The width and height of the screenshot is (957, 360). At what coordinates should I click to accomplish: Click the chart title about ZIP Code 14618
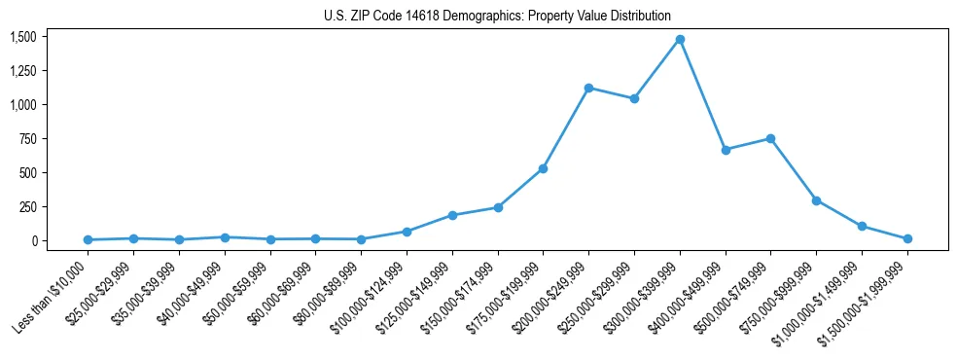pyautogui.click(x=497, y=16)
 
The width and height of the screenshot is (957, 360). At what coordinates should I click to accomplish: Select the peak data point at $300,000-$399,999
pyautogui.click(x=680, y=40)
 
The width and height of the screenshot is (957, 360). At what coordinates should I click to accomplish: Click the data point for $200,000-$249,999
pyautogui.click(x=588, y=88)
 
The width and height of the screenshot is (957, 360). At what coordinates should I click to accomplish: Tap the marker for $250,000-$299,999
pyautogui.click(x=634, y=98)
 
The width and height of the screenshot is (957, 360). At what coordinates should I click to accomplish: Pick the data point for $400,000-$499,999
pyautogui.click(x=726, y=150)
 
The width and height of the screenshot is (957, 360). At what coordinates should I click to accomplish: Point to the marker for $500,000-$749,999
pyautogui.click(x=770, y=138)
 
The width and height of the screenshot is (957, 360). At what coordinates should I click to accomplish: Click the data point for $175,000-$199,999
pyautogui.click(x=543, y=168)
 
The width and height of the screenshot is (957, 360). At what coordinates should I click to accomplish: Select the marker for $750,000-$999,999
pyautogui.click(x=816, y=200)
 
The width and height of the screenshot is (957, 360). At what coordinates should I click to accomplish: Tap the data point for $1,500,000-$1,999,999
pyautogui.click(x=907, y=238)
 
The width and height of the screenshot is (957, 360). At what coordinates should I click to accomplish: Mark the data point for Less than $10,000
pyautogui.click(x=88, y=239)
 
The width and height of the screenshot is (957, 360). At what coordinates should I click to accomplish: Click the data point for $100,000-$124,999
pyautogui.click(x=407, y=232)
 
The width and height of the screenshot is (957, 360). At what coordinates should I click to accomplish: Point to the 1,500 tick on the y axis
pyautogui.click(x=22, y=37)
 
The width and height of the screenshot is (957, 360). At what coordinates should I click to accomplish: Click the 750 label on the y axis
pyautogui.click(x=26, y=139)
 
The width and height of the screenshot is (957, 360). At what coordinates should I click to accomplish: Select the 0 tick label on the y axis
pyautogui.click(x=33, y=240)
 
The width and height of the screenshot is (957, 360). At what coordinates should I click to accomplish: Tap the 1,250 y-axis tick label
pyautogui.click(x=22, y=71)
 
